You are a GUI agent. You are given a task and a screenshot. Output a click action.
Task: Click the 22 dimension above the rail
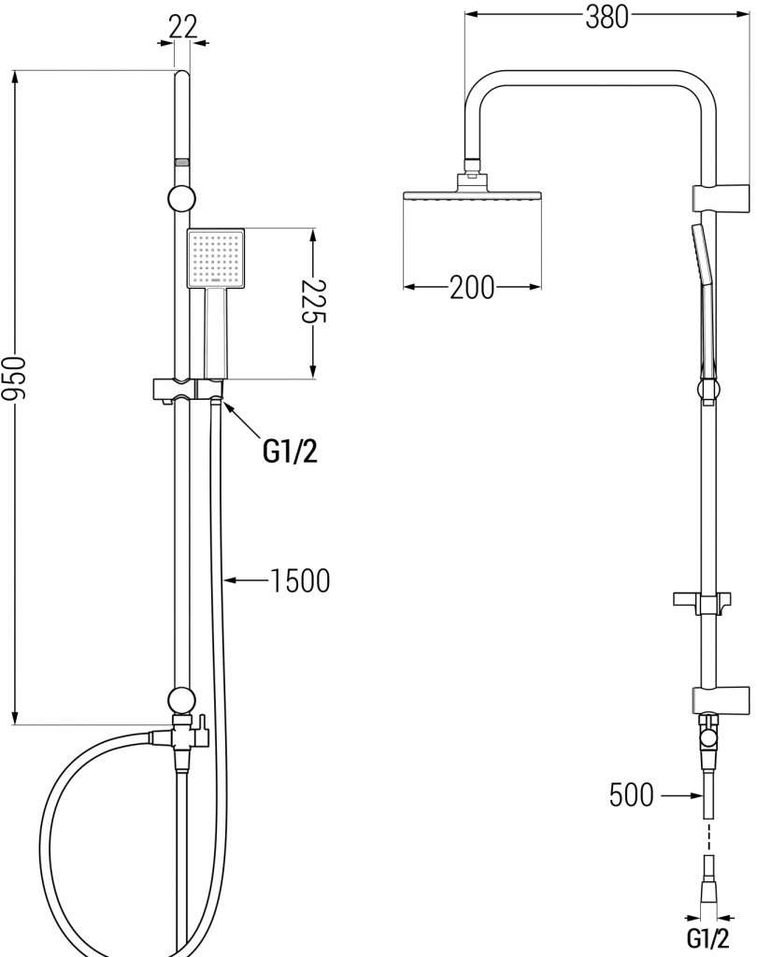click(183, 27)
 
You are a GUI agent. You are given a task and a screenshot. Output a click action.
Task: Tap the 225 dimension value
click(314, 302)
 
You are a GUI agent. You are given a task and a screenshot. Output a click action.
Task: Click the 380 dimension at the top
click(607, 17)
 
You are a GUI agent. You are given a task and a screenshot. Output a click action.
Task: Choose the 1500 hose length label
click(299, 581)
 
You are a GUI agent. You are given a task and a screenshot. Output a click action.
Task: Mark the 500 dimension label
click(631, 795)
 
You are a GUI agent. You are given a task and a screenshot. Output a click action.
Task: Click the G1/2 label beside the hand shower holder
click(290, 452)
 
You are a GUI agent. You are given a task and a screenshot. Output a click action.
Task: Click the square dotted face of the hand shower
click(216, 258)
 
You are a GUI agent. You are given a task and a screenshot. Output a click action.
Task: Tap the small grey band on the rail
click(182, 163)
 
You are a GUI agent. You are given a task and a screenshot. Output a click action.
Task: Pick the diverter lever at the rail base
click(200, 727)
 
